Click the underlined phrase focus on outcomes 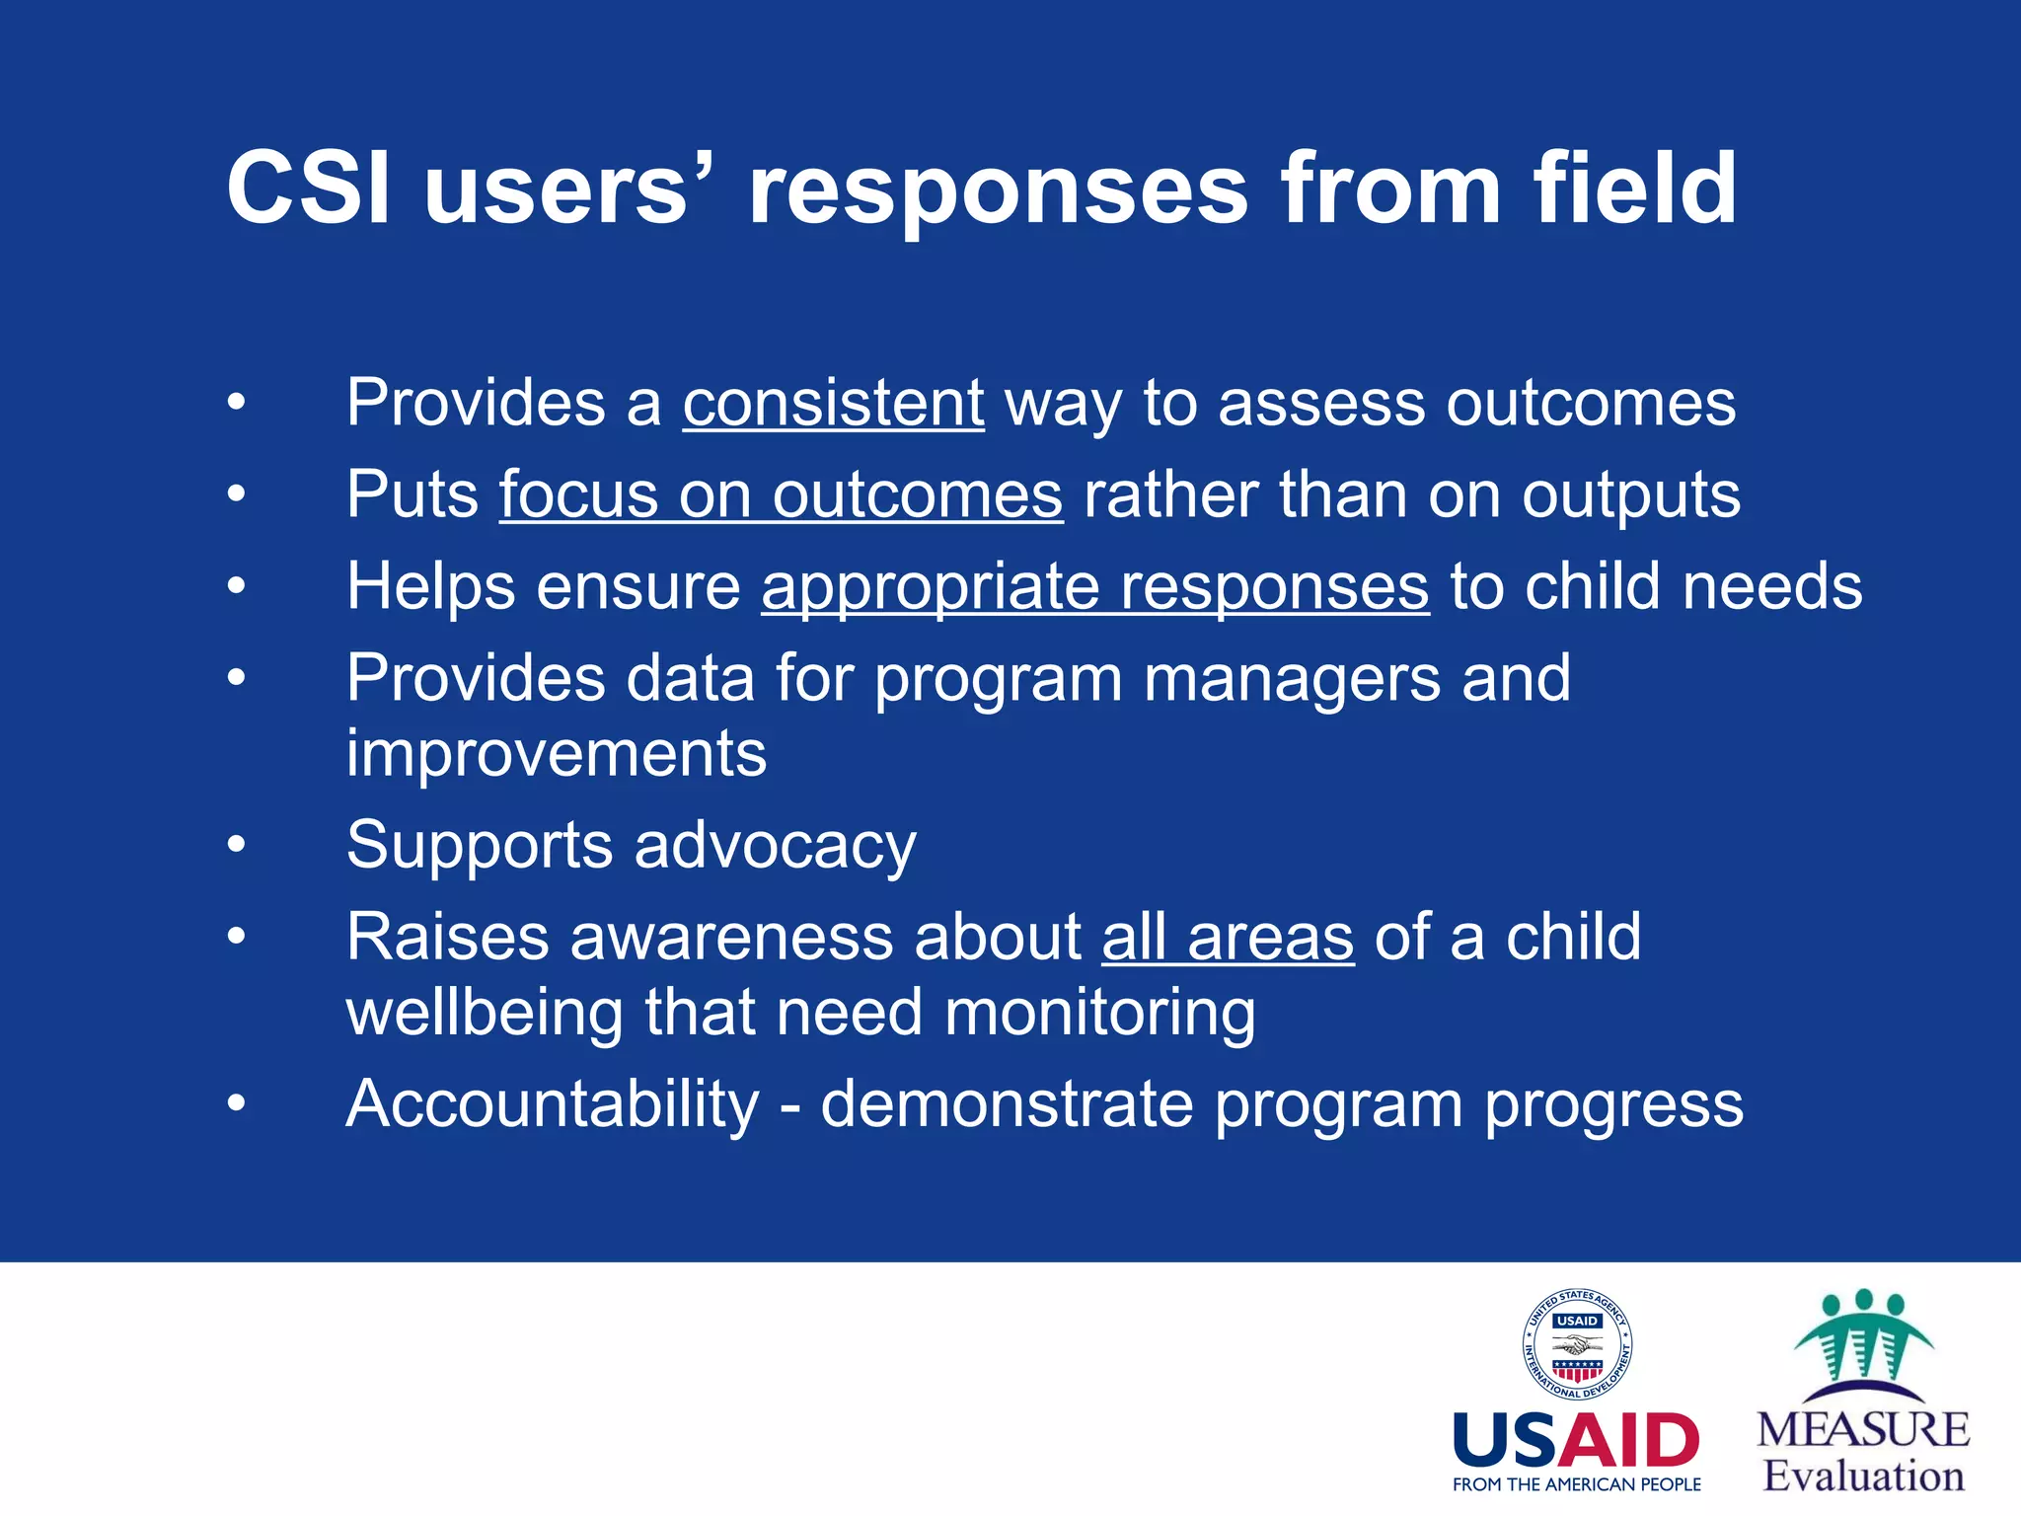781,494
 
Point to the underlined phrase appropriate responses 1094,586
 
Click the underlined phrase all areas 1227,937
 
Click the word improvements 556,754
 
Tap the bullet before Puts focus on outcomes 236,493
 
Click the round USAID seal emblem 1576,1344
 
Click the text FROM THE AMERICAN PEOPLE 1576,1484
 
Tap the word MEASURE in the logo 1863,1430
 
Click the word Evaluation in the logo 1863,1477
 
